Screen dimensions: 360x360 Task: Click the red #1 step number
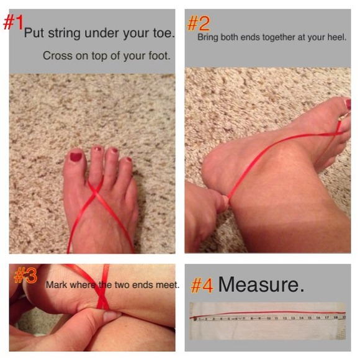(x=13, y=22)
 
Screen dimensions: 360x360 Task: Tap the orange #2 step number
(x=199, y=24)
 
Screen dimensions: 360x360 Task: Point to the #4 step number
(x=202, y=286)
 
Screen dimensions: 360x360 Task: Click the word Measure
(x=261, y=284)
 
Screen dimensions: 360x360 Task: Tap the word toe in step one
(x=163, y=33)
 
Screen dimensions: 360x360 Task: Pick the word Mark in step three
(x=56, y=285)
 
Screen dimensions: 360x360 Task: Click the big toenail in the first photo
(x=76, y=157)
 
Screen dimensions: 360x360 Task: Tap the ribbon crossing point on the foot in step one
(x=94, y=192)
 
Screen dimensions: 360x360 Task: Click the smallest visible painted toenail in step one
(x=129, y=159)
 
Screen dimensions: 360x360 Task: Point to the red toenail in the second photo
(x=348, y=104)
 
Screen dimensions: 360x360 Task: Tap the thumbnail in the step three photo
(x=111, y=316)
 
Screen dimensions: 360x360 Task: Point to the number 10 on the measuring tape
(x=268, y=318)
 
